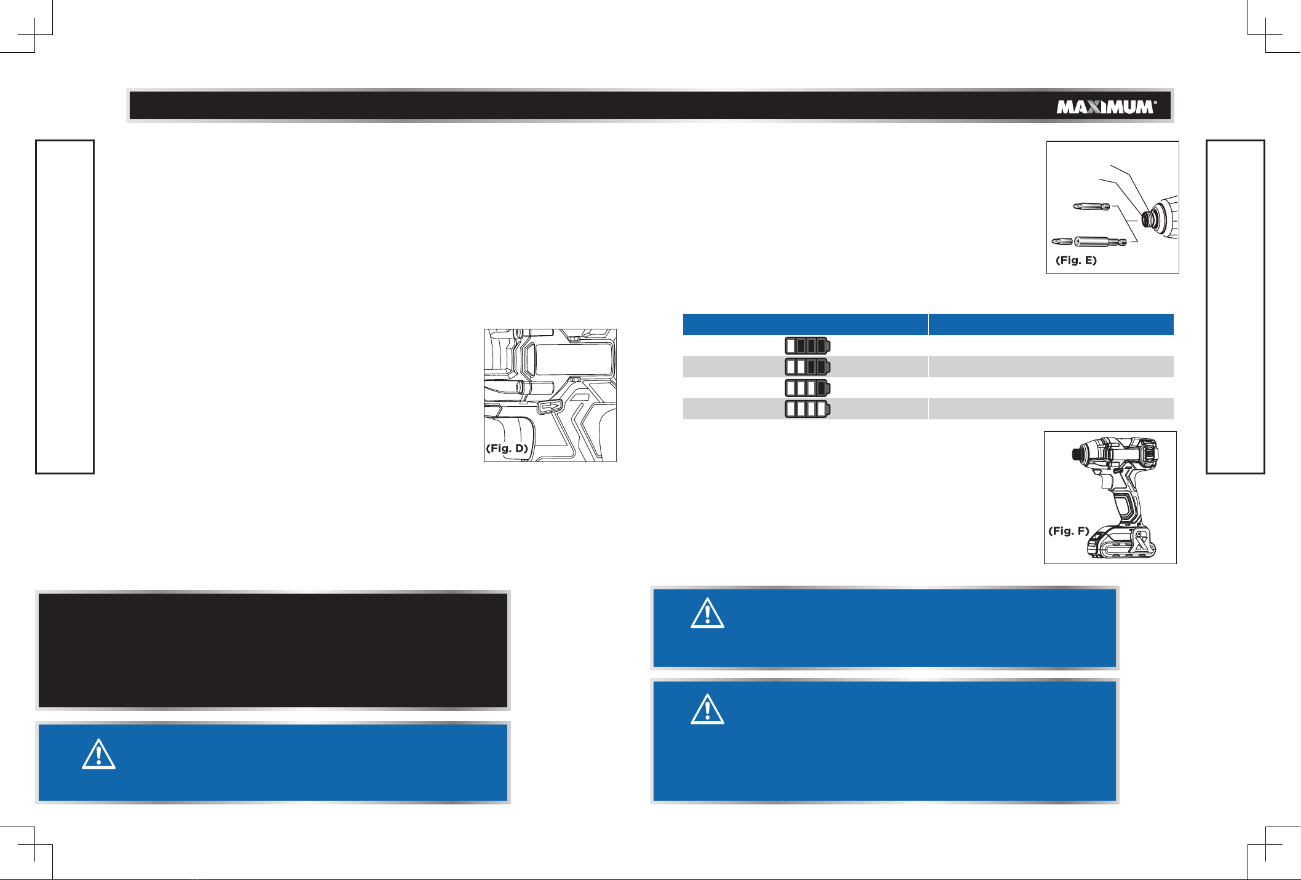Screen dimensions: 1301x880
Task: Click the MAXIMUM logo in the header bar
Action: [1106, 107]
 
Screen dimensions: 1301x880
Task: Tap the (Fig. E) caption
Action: [1076, 260]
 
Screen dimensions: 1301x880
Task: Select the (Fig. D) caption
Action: [507, 448]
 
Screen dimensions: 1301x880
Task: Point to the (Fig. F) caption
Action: [1069, 530]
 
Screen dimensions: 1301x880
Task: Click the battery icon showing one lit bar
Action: [807, 345]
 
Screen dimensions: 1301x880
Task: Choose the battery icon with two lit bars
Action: [807, 367]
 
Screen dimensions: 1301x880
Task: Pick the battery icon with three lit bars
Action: [807, 388]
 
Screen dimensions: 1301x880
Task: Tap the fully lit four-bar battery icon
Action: [807, 409]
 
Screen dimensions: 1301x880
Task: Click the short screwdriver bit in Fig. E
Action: [1091, 206]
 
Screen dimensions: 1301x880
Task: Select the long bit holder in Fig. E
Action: [1089, 242]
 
